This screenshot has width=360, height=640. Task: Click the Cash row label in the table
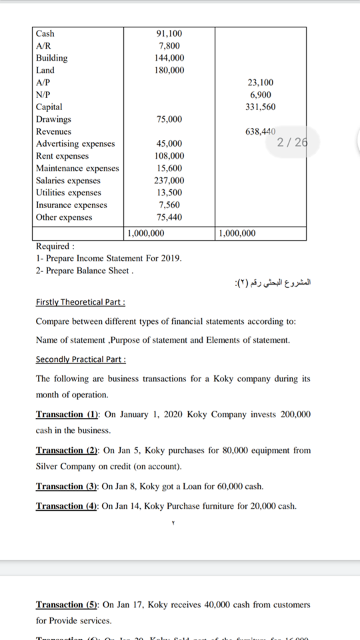45,33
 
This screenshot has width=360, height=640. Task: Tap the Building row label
51,58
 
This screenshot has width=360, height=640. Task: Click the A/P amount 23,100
260,83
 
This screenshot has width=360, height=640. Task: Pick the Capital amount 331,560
260,107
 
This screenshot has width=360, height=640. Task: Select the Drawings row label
53,119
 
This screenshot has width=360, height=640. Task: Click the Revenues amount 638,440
260,132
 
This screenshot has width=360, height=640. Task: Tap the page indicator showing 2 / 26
292,141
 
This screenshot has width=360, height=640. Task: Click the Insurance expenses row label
71,205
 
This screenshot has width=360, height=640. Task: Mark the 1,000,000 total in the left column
145,233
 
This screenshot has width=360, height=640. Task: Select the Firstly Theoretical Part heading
80,302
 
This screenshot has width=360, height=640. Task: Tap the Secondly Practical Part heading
81,359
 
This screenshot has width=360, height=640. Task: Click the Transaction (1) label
67,414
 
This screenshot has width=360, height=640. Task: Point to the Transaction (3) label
67,487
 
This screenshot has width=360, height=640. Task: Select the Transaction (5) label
67,605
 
